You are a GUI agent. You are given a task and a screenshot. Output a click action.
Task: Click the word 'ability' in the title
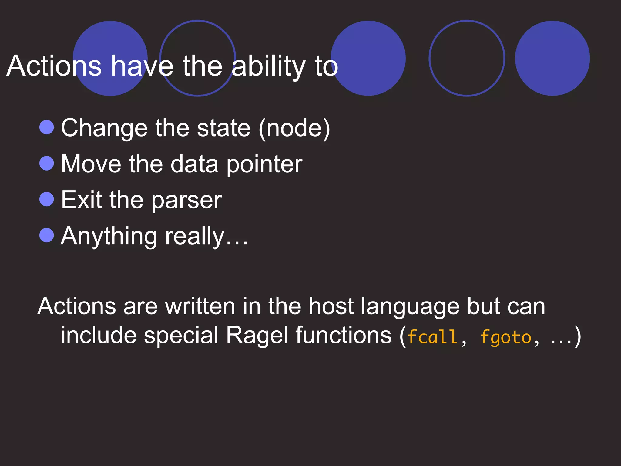click(269, 66)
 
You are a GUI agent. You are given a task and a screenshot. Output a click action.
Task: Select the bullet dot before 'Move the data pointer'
click(47, 163)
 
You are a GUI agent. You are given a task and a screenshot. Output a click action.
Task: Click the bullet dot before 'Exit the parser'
click(47, 199)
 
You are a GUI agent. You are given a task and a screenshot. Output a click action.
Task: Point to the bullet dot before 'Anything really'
click(47, 235)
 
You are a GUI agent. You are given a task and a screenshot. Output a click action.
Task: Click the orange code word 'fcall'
click(432, 337)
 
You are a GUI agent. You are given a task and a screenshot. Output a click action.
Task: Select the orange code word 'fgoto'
click(506, 337)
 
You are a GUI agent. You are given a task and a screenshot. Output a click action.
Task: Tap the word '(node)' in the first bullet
click(294, 128)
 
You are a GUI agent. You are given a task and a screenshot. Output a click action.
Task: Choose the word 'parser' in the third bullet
click(186, 201)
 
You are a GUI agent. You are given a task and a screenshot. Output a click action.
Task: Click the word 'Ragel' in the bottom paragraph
click(257, 336)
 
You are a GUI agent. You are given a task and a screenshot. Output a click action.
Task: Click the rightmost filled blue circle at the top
click(552, 58)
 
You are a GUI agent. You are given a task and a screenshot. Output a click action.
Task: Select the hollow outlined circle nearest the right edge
click(467, 58)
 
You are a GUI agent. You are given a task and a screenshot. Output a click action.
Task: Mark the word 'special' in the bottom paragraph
click(181, 336)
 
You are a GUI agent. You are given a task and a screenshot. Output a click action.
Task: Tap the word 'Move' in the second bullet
click(91, 164)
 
